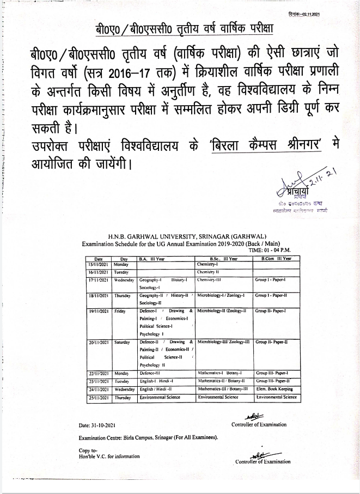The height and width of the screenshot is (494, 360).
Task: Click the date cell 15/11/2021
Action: [99, 264]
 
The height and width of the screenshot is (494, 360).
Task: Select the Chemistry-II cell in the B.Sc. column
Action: [208, 271]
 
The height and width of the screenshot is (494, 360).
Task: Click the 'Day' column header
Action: [124, 259]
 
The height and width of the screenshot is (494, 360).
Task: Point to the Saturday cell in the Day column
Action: [122, 342]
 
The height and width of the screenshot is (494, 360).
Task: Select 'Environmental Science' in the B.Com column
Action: [277, 398]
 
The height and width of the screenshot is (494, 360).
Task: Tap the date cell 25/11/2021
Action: [99, 398]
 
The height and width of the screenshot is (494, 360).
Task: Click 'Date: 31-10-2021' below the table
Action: [100, 424]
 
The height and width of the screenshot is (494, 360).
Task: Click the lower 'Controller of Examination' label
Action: [263, 462]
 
